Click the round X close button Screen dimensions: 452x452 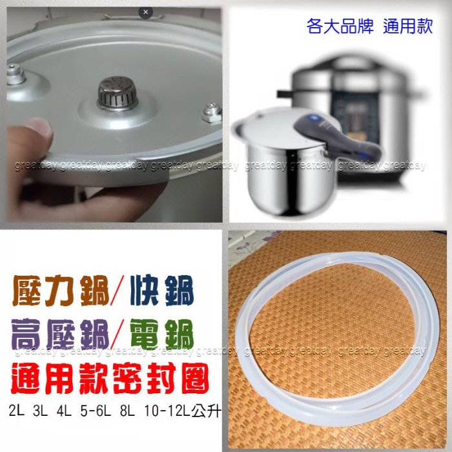(x=145, y=12)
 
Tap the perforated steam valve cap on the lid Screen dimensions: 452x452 (x=118, y=93)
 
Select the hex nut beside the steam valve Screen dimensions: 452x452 (x=212, y=112)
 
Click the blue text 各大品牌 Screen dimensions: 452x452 (x=340, y=26)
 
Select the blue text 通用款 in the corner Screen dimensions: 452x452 (x=408, y=26)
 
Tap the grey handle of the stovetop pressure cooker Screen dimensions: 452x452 (x=336, y=136)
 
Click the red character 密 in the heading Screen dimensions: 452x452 (x=127, y=378)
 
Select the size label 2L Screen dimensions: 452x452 (x=16, y=411)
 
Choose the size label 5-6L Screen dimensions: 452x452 (x=96, y=411)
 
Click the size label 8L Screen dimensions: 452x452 (x=127, y=411)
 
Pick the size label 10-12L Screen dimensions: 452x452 (x=167, y=411)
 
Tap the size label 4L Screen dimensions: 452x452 (x=64, y=411)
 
